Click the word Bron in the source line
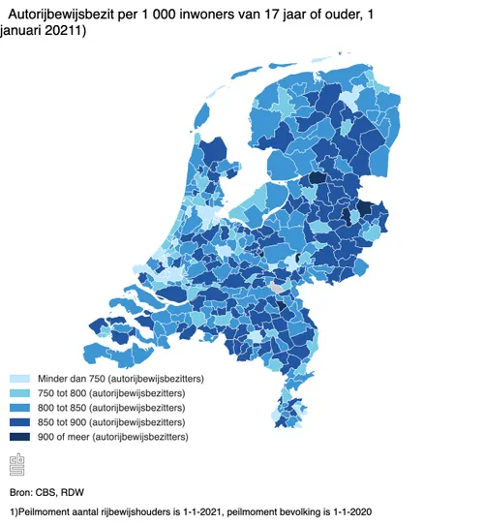tap(20, 492)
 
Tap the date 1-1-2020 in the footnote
tap(348, 511)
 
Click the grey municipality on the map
tap(280, 289)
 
